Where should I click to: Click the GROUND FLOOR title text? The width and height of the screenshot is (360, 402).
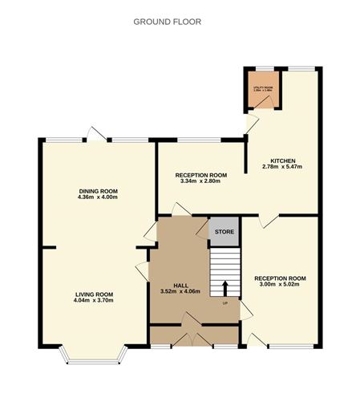point(168,21)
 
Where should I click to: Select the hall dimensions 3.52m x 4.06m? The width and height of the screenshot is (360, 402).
point(180,290)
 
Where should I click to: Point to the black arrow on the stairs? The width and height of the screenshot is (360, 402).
point(225,287)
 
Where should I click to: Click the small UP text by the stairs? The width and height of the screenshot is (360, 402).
point(225,303)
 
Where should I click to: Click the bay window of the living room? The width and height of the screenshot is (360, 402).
point(93,353)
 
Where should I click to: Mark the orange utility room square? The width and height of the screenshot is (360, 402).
point(258,89)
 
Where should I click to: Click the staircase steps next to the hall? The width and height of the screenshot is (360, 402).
point(225,269)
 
